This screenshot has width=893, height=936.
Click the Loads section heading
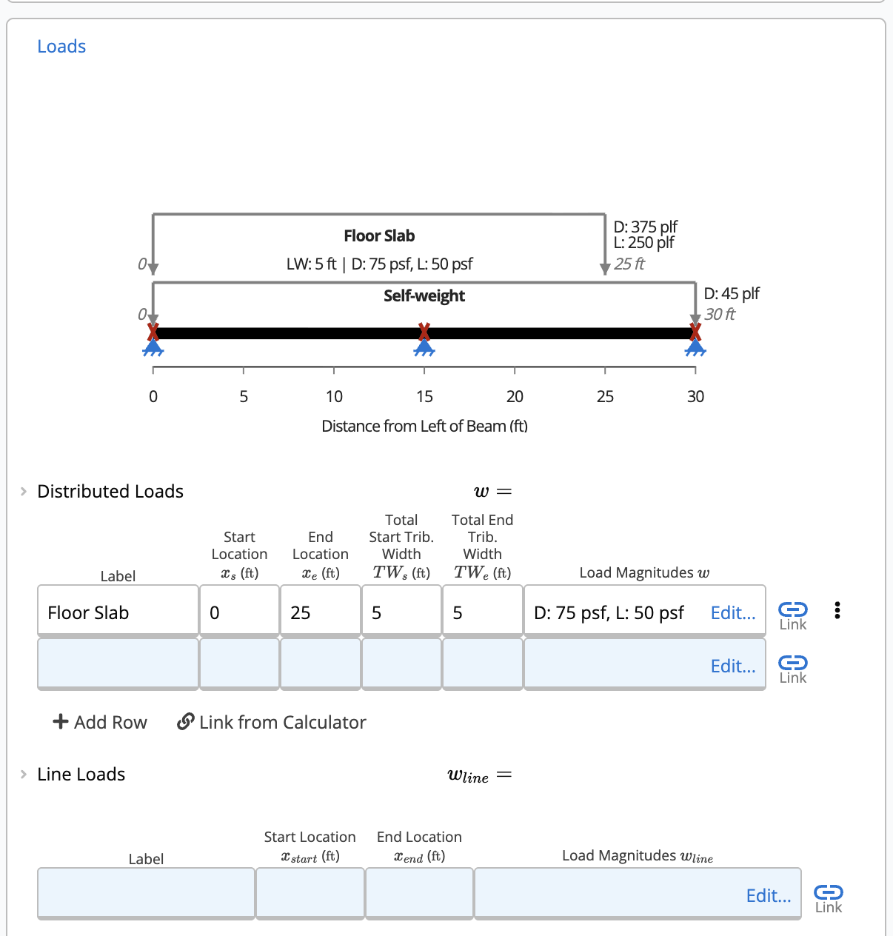point(61,47)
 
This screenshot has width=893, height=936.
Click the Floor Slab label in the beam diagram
point(378,236)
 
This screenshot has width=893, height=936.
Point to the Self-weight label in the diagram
point(424,296)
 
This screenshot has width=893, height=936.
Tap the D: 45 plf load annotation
point(731,294)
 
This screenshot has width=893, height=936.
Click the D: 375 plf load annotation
point(645,227)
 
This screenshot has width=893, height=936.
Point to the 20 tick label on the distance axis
point(515,397)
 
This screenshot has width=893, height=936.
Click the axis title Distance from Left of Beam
point(424,427)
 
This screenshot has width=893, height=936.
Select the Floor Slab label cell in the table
point(118,612)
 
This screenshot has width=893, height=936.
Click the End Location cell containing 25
point(320,612)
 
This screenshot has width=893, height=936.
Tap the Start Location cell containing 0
point(239,612)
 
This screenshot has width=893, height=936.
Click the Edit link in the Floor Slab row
point(732,612)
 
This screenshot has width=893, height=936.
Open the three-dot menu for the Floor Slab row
point(837,610)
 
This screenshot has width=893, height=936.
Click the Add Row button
point(100,722)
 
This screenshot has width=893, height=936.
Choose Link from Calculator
point(272,722)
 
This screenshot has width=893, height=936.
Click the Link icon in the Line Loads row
point(828,897)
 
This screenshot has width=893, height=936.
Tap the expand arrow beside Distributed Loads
point(24,492)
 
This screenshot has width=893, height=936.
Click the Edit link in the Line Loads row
point(768,896)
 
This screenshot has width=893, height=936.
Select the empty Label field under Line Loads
point(146,893)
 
